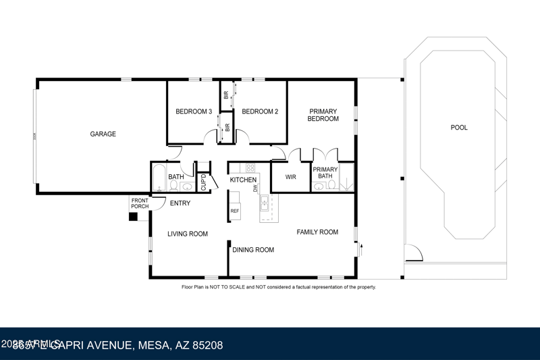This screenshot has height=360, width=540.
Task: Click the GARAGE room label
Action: [103, 134]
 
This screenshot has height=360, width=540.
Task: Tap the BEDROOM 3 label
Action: [194, 111]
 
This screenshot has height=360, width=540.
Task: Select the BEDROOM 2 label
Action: [260, 111]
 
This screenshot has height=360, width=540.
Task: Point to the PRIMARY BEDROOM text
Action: [323, 115]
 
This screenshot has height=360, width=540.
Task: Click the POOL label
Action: [459, 127]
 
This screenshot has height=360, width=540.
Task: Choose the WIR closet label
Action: [291, 177]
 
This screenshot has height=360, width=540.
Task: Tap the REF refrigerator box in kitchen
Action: [235, 210]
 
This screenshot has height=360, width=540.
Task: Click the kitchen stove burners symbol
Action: [250, 168]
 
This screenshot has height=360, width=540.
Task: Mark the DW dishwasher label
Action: [256, 189]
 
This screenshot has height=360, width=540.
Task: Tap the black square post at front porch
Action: [133, 217]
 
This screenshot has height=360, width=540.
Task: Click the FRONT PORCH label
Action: [140, 203]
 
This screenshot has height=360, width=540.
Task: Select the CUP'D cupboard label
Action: [203, 182]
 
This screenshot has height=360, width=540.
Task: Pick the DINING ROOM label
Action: [253, 250]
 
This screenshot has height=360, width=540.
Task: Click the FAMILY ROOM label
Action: [317, 232]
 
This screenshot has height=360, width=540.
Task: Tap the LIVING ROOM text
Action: [188, 234]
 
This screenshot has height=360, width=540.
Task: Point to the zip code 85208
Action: [207, 345]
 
